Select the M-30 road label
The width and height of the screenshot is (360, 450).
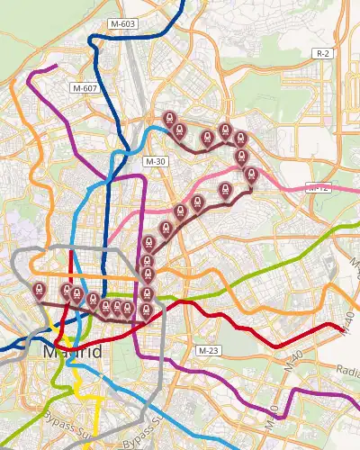(x=155, y=160)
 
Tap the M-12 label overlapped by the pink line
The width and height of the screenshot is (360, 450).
(x=318, y=188)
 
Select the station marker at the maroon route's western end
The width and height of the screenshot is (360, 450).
(x=39, y=290)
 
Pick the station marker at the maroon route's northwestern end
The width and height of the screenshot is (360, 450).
(x=168, y=120)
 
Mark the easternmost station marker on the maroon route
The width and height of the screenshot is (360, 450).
(x=250, y=175)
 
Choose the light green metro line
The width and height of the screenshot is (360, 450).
(x=270, y=261)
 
